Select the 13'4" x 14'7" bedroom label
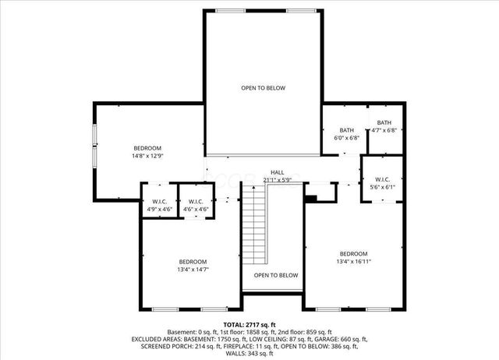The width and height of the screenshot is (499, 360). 193,261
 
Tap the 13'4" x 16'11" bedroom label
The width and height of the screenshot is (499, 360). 353,254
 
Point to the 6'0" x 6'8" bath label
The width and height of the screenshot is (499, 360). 347,130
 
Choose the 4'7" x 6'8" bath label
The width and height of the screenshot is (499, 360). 384,123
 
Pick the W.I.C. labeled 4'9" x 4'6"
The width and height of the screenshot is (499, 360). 159,202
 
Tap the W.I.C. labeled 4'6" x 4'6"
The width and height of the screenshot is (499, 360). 195,202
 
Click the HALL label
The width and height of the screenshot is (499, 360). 278,172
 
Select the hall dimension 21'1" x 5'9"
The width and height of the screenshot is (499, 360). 278,180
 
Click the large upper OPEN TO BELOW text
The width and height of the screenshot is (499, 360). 263,88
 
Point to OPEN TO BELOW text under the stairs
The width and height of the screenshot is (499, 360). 276,275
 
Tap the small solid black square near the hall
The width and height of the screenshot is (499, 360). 310,198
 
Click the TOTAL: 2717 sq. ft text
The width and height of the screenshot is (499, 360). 249,324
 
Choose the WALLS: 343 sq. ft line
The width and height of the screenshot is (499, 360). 249,355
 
